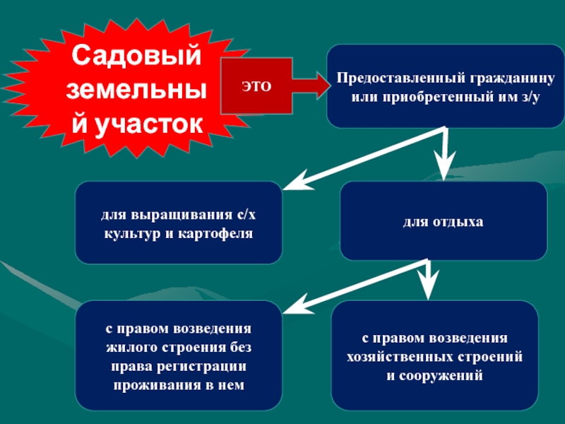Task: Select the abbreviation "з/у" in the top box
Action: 530,95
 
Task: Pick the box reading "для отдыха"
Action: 444,222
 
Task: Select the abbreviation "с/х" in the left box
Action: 248,214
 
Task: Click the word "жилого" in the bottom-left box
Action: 126,348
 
